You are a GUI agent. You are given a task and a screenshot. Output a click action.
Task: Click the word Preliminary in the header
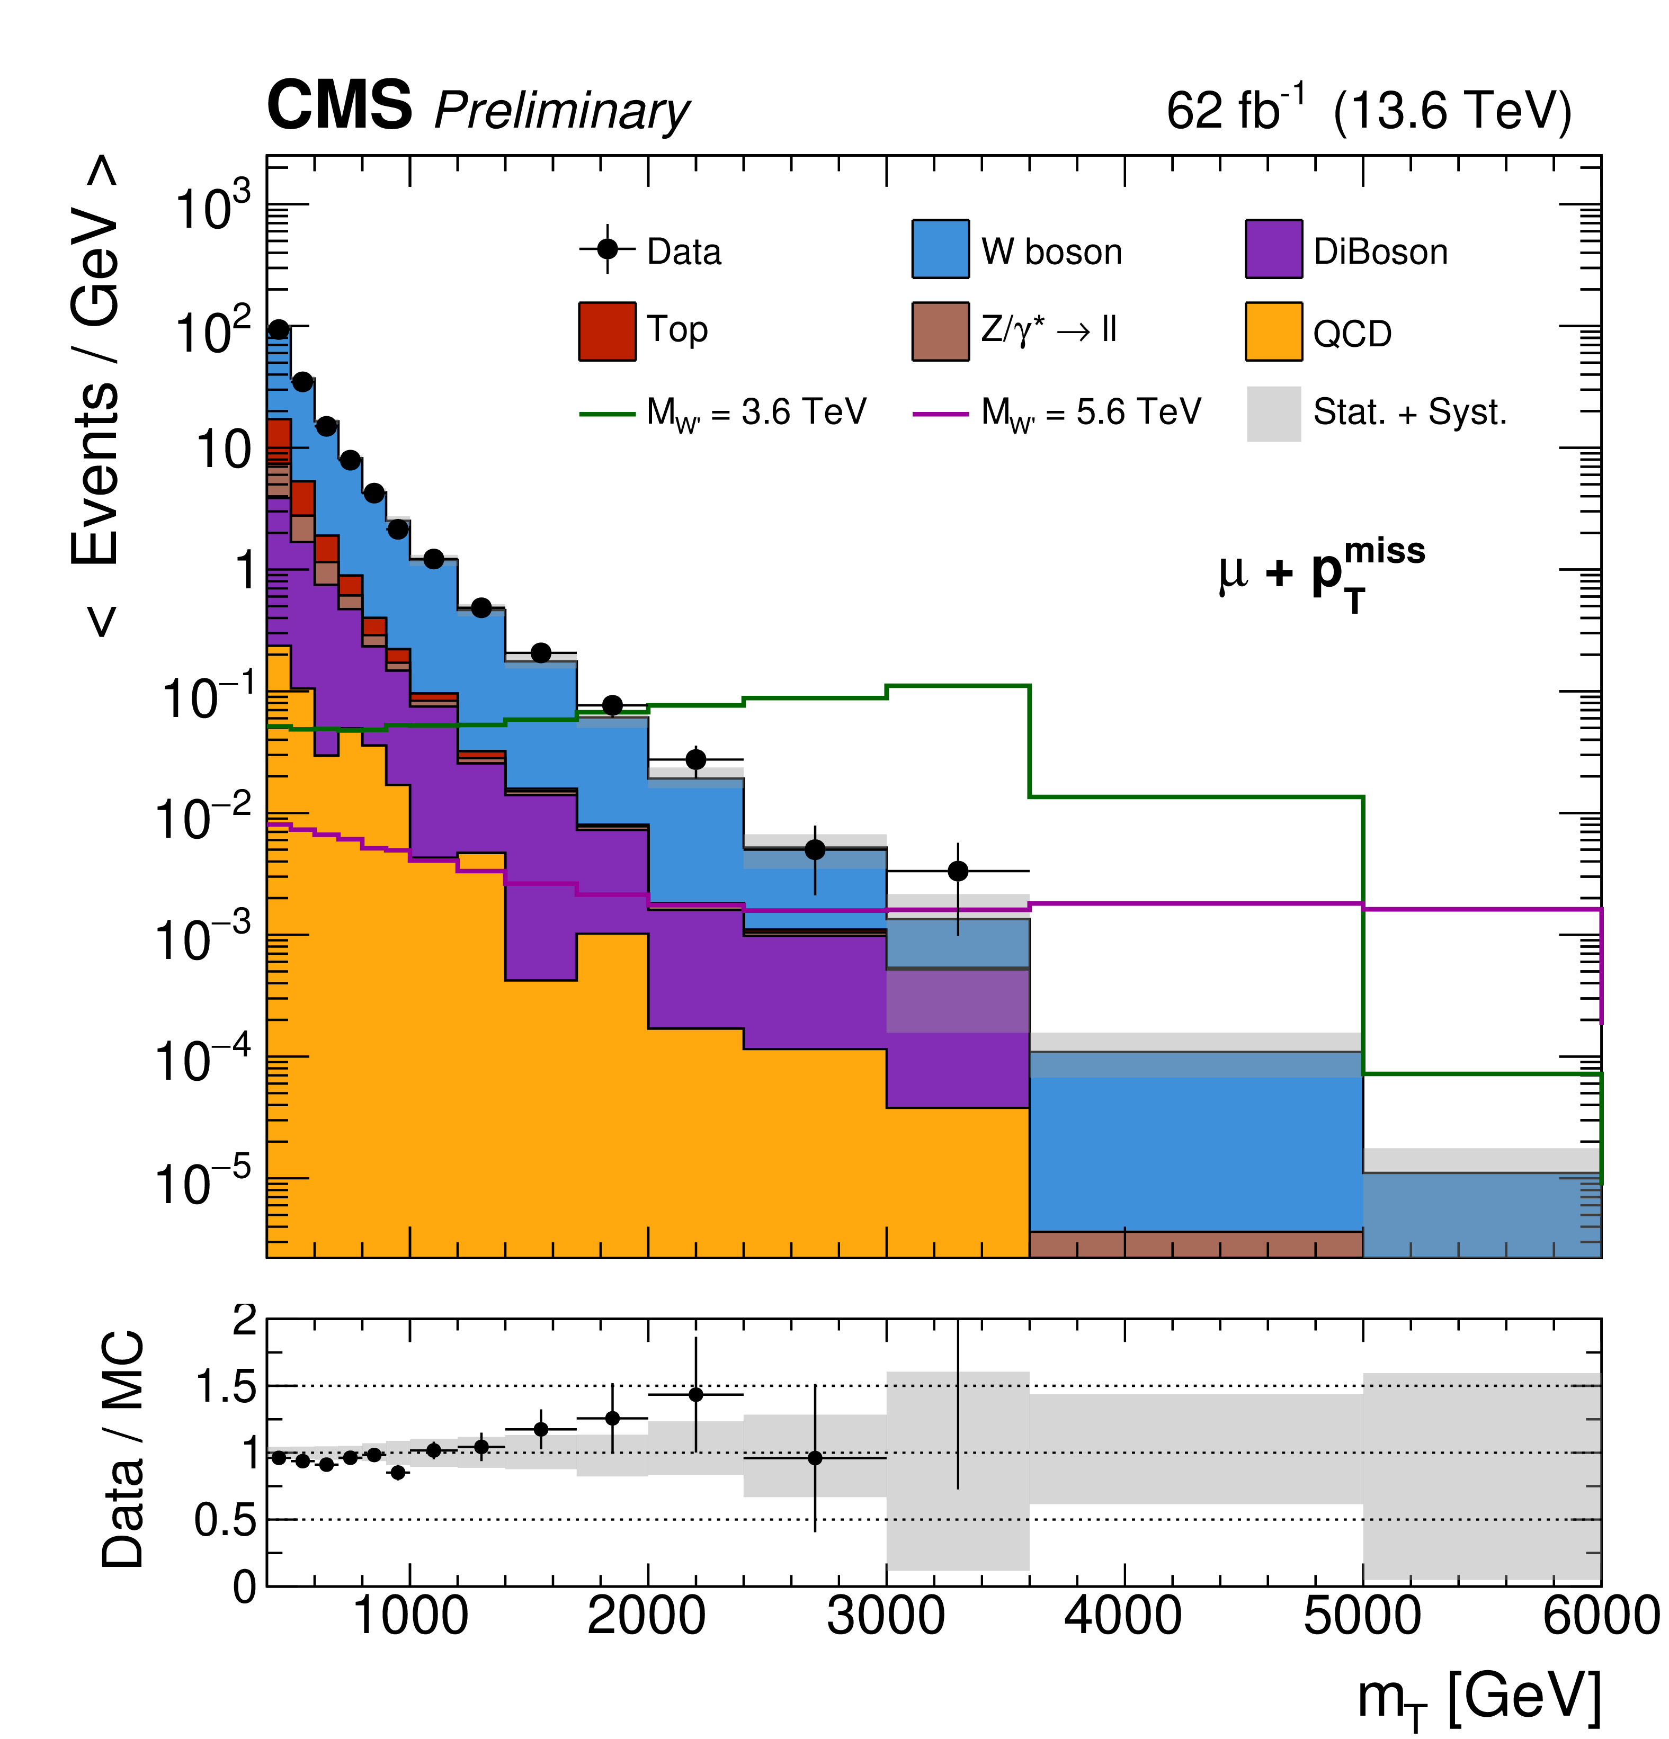(561, 112)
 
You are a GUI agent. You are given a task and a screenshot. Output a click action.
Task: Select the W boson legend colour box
(940, 249)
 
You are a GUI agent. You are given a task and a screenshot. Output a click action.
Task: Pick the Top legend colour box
(607, 331)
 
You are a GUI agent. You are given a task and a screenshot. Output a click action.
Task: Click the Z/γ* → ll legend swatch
(940, 331)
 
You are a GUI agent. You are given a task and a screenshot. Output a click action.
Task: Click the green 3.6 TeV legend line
(607, 414)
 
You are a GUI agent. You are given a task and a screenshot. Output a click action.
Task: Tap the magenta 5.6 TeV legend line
(940, 414)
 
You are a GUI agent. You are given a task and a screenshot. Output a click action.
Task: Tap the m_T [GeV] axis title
(1477, 1697)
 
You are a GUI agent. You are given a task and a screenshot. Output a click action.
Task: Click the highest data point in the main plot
(279, 330)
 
